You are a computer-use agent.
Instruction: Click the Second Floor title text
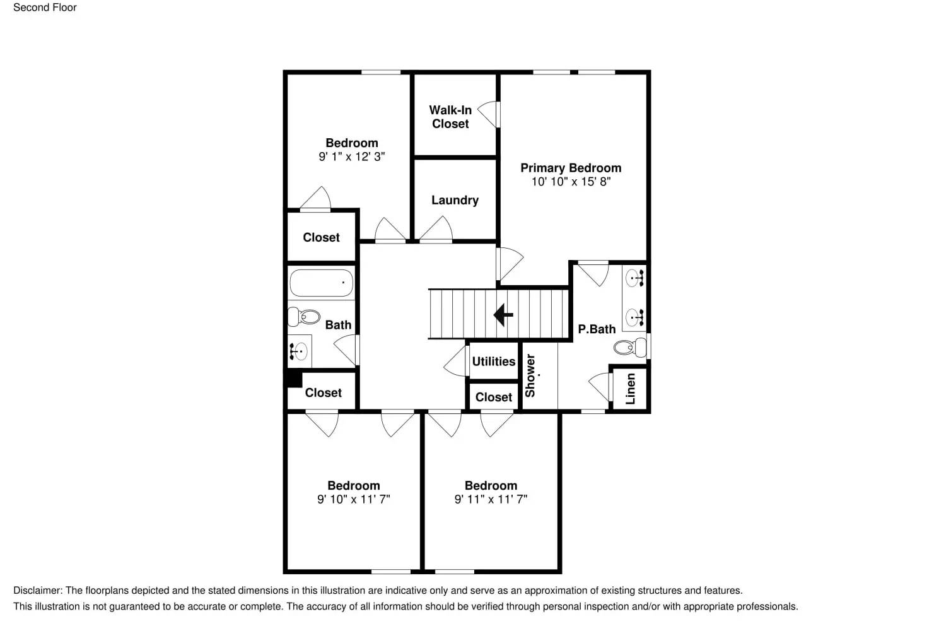[x=45, y=8]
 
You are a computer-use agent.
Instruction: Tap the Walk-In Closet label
[x=450, y=117]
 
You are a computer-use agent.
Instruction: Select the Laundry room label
[x=455, y=200]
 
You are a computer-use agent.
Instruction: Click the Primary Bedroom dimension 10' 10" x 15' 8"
[x=571, y=182]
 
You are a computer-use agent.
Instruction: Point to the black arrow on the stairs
[x=503, y=314]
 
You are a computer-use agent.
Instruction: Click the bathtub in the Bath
[x=321, y=283]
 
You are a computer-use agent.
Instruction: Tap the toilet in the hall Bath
[x=304, y=316]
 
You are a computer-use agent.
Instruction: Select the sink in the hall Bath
[x=299, y=350]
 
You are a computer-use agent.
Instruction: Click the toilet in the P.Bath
[x=630, y=346]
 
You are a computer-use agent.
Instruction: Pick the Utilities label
[x=494, y=362]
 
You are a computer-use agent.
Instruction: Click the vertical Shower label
[x=530, y=375]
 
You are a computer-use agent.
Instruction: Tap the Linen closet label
[x=630, y=388]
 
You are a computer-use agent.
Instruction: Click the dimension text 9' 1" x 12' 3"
[x=351, y=156]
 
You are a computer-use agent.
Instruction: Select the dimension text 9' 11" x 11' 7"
[x=491, y=499]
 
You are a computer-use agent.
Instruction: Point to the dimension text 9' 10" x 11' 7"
[x=353, y=499]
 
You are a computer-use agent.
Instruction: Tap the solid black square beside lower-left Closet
[x=293, y=379]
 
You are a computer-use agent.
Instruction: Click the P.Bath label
[x=597, y=329]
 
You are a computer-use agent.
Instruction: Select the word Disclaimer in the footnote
[x=37, y=591]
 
